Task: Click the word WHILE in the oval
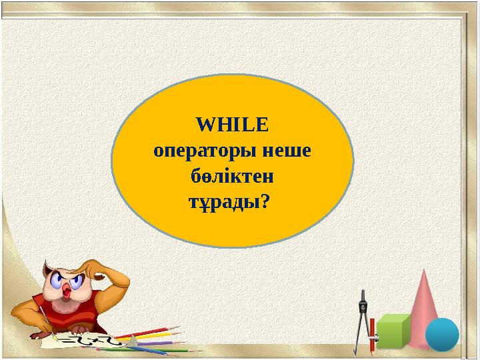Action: [232, 125]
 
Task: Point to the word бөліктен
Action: [232, 177]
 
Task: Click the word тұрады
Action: [222, 203]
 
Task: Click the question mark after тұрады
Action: [265, 202]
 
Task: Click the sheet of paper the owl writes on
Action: [87, 342]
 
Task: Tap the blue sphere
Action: [442, 335]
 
